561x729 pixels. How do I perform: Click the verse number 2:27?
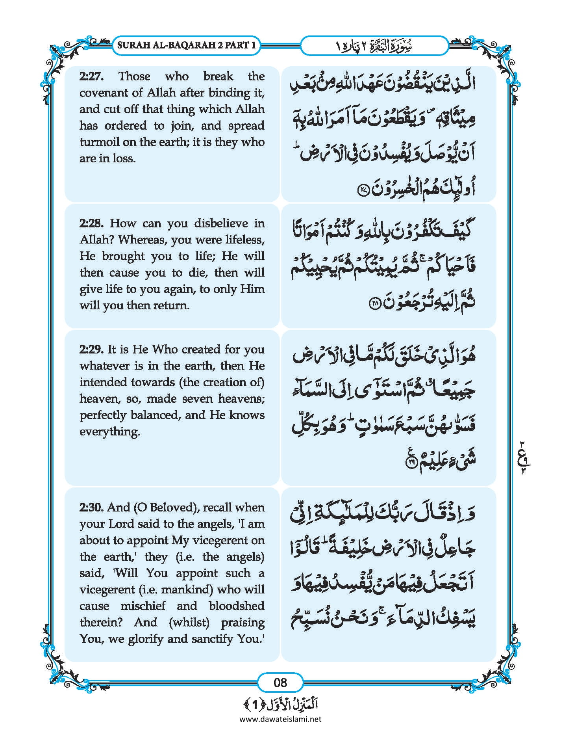tap(91, 76)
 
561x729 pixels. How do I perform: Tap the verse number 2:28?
tap(91, 223)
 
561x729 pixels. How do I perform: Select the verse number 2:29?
tap(91, 349)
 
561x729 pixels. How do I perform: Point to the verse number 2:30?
tap(91, 507)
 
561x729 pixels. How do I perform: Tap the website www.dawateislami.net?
tap(280, 719)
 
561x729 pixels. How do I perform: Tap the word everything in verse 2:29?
tap(110, 431)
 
